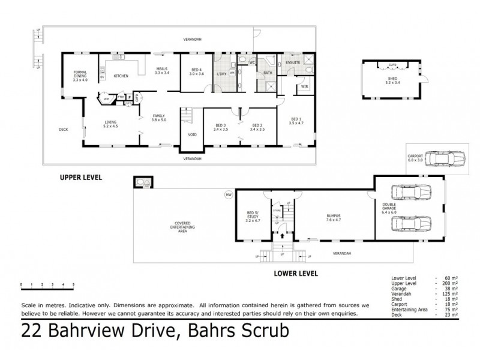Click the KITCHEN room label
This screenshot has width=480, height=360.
point(122,76)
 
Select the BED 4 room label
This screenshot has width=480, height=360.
point(197,72)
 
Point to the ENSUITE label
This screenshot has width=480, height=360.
point(293,62)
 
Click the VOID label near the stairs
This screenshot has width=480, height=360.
point(193,134)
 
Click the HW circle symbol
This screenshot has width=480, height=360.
point(228,194)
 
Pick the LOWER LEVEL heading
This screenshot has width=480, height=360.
point(296,274)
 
